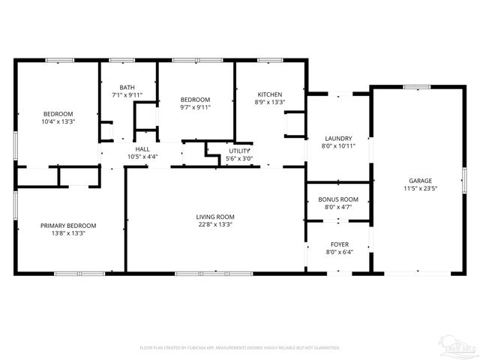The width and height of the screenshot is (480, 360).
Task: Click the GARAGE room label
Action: (x=420, y=181)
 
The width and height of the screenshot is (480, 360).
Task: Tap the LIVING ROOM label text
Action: (x=215, y=217)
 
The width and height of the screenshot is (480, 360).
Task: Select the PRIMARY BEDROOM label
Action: (x=68, y=225)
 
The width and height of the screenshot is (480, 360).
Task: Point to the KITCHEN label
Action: (x=269, y=94)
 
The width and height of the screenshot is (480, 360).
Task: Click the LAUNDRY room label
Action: (x=338, y=138)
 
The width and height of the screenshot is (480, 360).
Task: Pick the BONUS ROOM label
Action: (x=338, y=199)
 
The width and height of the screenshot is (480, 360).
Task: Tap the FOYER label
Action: (x=339, y=244)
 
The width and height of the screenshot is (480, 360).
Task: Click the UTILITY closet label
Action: (x=240, y=151)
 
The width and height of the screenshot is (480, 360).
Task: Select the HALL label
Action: (x=142, y=149)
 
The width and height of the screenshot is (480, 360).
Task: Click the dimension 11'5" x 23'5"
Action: (x=420, y=188)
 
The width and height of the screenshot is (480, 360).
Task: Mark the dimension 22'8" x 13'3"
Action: (x=215, y=224)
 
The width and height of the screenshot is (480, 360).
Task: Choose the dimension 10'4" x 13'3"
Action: (x=58, y=121)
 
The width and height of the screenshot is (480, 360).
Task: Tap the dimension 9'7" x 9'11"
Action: (x=194, y=107)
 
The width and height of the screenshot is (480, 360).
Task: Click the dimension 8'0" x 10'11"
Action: (x=338, y=145)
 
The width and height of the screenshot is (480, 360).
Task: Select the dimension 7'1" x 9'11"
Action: (x=127, y=94)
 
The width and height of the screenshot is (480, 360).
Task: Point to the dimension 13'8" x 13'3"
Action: (x=68, y=232)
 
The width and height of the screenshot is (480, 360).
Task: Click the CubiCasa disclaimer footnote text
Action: (x=240, y=347)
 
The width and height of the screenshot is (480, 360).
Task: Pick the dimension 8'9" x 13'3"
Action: (x=269, y=102)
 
